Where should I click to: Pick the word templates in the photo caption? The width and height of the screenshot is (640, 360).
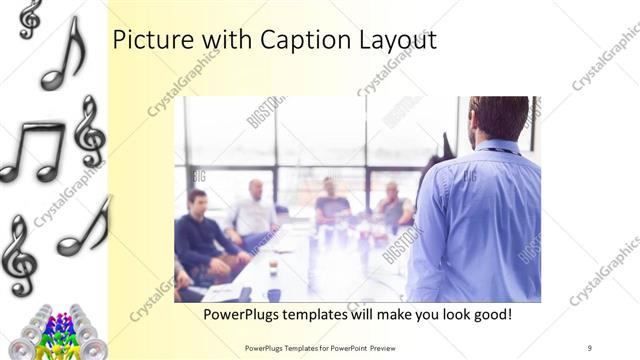tap(325, 314)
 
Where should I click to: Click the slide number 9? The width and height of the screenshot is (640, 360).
tap(589, 348)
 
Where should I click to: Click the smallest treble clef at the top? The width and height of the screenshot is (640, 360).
tap(30, 18)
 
